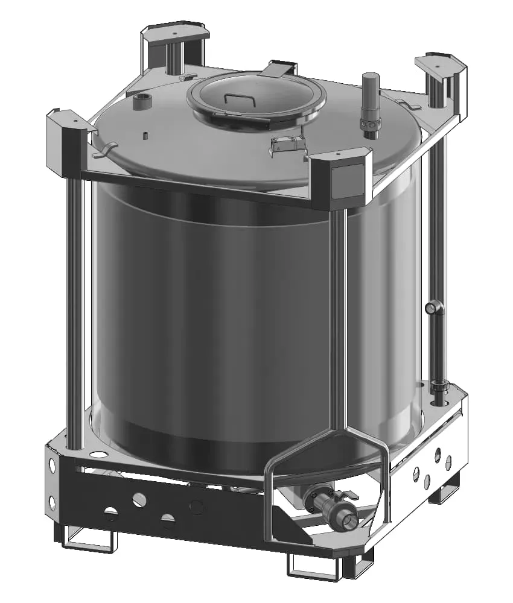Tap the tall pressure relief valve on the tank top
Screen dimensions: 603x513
[369, 103]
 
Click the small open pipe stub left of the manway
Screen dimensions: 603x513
[142, 101]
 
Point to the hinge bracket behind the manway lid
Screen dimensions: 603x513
[278, 69]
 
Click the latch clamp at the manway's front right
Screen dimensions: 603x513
[287, 144]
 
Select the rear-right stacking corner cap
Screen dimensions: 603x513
[440, 64]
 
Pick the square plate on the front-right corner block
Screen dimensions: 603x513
[349, 181]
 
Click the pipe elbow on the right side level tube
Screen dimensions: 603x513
[433, 309]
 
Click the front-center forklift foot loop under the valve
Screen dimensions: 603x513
[311, 567]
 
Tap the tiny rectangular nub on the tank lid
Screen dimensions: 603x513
[146, 134]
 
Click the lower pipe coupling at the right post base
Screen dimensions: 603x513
[439, 386]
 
